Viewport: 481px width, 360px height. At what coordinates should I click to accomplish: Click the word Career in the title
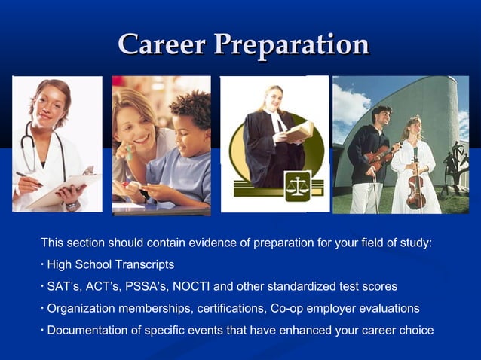tap(162, 44)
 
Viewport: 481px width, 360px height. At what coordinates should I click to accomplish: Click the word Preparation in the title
tap(290, 45)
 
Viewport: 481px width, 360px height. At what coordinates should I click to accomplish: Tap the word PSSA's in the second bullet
tap(146, 287)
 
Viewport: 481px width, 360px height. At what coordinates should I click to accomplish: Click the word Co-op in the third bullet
tap(296, 309)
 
